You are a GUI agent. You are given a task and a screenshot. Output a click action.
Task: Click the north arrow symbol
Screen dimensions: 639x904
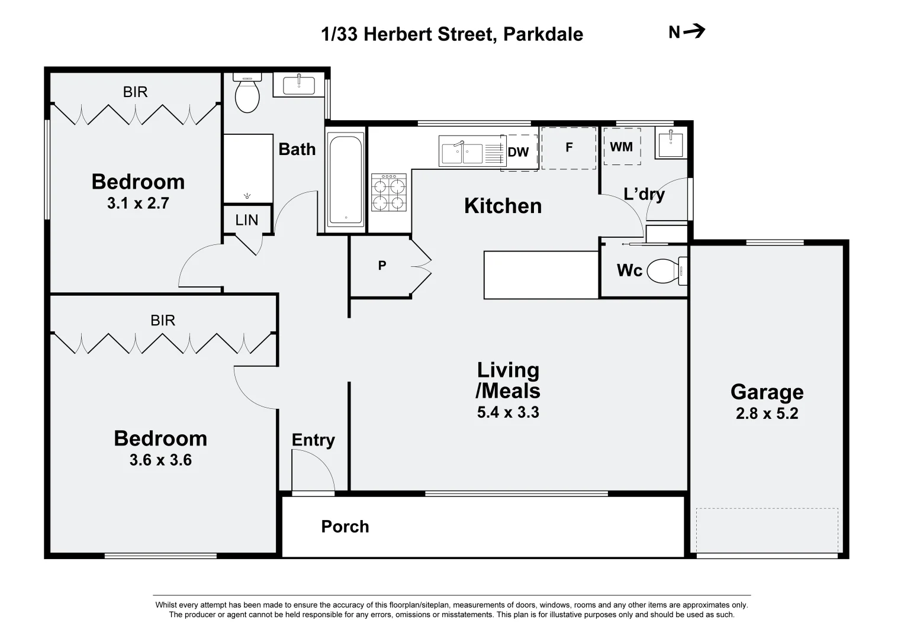[694, 31]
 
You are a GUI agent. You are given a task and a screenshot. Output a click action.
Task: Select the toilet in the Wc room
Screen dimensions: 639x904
[666, 271]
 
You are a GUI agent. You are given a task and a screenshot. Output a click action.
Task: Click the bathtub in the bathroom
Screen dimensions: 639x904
[346, 180]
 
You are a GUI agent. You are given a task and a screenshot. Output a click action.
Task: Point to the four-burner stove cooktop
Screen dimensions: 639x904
[389, 192]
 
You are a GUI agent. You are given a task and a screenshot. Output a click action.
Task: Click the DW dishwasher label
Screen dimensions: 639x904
[518, 152]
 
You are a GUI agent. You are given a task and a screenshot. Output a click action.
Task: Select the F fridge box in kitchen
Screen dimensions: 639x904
[568, 148]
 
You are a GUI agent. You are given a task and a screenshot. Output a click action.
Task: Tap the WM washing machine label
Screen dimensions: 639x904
[621, 146]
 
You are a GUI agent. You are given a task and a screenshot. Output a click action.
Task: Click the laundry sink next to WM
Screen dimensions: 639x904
[670, 143]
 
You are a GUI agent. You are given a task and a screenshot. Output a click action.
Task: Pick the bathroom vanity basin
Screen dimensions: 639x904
[299, 85]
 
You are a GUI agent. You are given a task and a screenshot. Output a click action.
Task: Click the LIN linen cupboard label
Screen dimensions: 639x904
[247, 220]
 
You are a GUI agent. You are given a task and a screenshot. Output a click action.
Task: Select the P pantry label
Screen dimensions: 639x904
[382, 266]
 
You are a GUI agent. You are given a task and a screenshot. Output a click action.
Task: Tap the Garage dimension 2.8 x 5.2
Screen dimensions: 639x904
[767, 414]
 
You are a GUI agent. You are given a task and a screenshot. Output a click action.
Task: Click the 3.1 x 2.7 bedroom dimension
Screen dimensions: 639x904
[138, 204]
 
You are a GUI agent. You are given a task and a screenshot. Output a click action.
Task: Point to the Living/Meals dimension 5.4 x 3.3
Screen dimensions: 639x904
[508, 412]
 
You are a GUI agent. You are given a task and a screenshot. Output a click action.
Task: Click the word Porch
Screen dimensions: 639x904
[345, 527]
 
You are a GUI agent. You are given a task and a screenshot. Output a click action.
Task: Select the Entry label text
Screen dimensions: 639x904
[313, 440]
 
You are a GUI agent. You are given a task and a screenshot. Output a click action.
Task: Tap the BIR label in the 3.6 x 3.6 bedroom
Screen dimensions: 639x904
[163, 321]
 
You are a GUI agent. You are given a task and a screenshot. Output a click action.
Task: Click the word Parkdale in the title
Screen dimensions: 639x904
[543, 34]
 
